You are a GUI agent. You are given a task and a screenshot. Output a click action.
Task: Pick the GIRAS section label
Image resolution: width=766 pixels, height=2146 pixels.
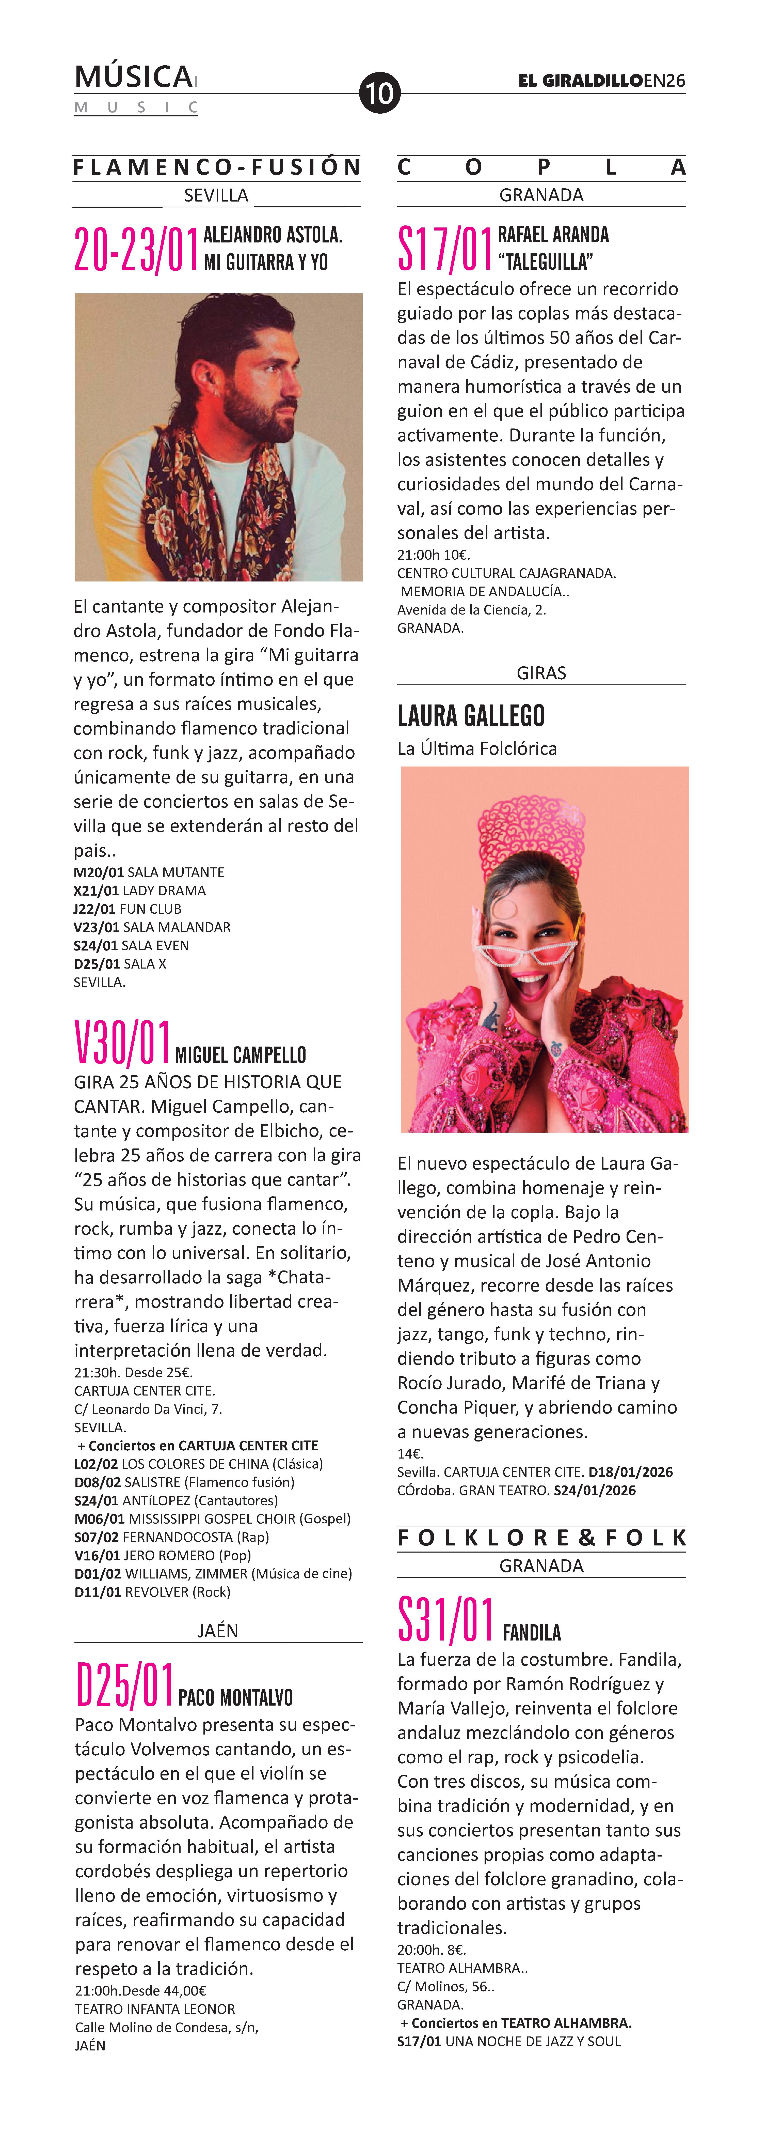pyautogui.click(x=541, y=672)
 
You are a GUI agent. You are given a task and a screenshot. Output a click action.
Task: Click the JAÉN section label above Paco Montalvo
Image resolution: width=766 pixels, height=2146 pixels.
pyautogui.click(x=218, y=1630)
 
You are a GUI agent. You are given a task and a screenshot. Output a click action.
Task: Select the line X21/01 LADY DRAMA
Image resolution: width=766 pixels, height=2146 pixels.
pyautogui.click(x=140, y=891)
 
